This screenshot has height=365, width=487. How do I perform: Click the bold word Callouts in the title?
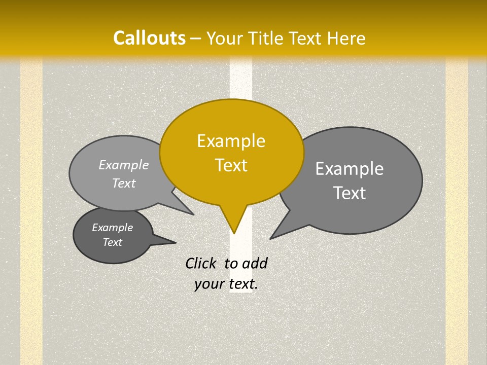(x=149, y=38)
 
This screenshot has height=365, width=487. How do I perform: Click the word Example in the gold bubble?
(x=231, y=141)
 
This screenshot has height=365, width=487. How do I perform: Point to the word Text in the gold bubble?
(x=231, y=165)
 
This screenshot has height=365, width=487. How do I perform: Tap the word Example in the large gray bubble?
(x=350, y=169)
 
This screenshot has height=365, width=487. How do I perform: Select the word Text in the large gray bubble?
(x=350, y=193)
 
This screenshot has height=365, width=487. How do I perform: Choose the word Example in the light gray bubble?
(x=124, y=165)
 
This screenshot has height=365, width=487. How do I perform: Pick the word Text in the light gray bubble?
(x=124, y=183)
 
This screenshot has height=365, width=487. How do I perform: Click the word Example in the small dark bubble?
(x=112, y=228)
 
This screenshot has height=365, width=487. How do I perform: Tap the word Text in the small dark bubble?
(x=113, y=242)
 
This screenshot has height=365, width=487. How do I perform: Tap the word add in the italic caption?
(x=255, y=263)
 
